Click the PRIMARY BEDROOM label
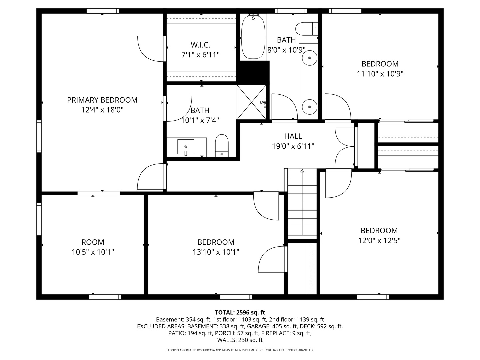click(102, 100)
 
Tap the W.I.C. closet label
click(200, 45)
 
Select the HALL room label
click(293, 136)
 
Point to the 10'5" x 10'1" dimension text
click(93, 252)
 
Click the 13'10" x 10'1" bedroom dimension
click(216, 252)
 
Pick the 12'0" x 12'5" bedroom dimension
click(379, 240)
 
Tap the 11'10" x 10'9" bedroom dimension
click(380, 74)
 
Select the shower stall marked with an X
click(251, 102)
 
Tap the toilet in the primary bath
click(222, 145)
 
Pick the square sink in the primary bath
click(186, 147)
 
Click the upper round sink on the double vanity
click(310, 58)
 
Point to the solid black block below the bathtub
click(253, 71)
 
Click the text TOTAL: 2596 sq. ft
click(240, 312)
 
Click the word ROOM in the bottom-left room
click(93, 242)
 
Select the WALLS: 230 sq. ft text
click(240, 340)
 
